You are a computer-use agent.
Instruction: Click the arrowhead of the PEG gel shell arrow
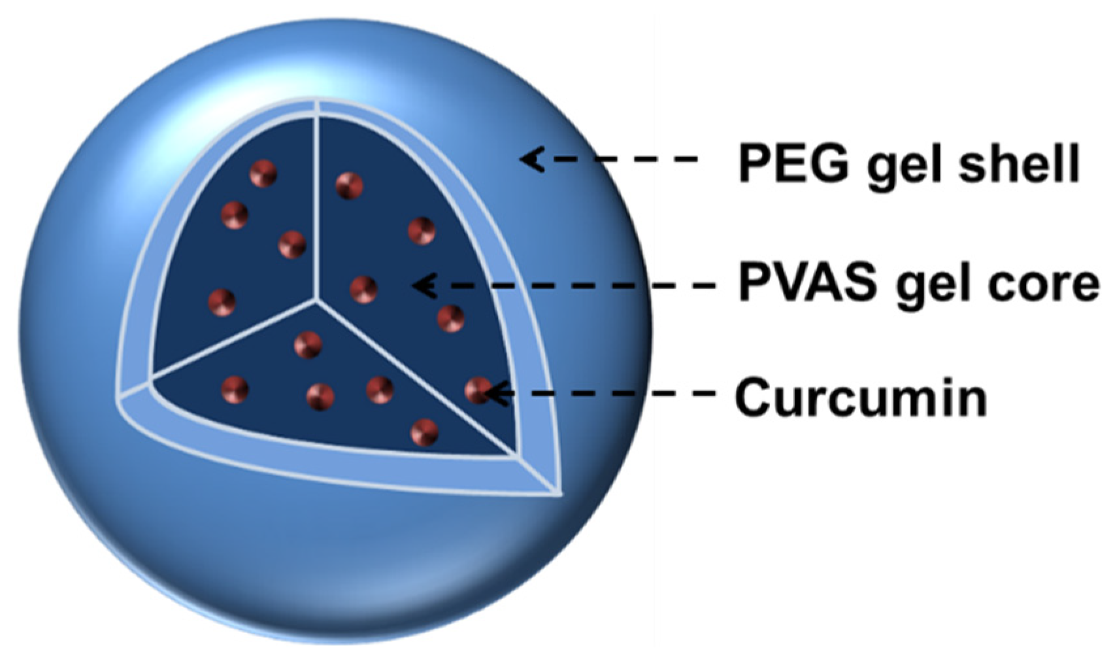tap(532, 159)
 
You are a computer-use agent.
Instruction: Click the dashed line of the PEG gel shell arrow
tap(621, 159)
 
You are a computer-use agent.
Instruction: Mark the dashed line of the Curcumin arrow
tap(608, 393)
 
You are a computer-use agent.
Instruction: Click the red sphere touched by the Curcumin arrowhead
tap(477, 391)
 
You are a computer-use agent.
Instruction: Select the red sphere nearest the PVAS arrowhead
tap(363, 289)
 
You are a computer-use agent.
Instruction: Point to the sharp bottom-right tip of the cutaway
tap(559, 492)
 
